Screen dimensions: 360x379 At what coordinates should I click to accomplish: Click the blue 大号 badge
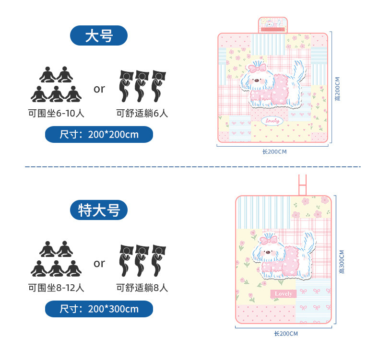98,35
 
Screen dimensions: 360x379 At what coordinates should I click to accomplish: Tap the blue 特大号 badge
98,209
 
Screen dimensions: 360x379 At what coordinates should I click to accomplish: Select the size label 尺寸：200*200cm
99,135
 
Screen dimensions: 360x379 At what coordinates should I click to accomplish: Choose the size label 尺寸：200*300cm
99,309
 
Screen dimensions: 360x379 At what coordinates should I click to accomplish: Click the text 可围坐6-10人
56,114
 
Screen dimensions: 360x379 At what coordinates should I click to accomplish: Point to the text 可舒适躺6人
142,114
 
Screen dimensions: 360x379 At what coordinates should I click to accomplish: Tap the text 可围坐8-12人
56,288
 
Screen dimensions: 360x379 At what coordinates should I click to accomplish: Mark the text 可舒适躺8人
142,288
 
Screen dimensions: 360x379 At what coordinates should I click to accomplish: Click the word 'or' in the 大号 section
99,89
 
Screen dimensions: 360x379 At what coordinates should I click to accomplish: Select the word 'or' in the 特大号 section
99,263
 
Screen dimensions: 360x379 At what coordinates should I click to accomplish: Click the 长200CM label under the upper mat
274,152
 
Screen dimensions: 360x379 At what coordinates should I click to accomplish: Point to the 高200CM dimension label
338,89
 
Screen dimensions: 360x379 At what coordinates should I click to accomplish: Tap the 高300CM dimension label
341,261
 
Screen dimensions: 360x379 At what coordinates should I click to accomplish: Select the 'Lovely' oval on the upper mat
274,121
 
